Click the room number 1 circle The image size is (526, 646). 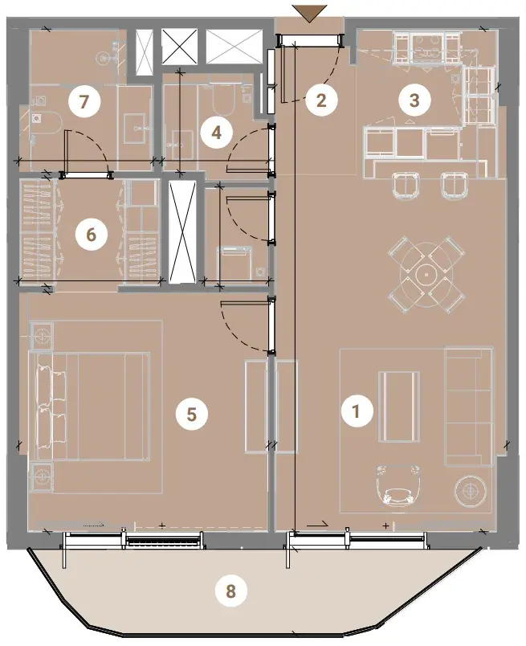pos(357,411)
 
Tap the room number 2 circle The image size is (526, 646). pos(321,100)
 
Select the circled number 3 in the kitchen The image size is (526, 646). pos(415,100)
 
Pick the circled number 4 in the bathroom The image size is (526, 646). pos(217,133)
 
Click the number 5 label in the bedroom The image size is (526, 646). pos(192,414)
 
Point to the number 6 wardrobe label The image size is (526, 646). pos(91,235)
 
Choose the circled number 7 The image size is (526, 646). pos(84,101)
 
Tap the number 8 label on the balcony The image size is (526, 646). pos(231,591)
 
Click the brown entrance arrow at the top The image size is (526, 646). pos(309,13)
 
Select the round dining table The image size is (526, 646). pos(426,272)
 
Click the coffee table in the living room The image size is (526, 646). pos(399,407)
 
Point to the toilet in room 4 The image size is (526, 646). pos(222,99)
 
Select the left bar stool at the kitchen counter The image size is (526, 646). pos(406,185)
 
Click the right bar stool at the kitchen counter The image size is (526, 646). pos(455,185)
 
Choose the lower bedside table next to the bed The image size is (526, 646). pos(41,476)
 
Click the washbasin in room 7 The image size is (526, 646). pos(136,129)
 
